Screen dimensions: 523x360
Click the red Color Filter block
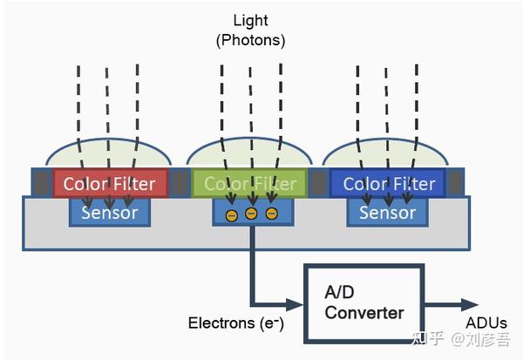point(111,183)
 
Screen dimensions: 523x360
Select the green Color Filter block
point(249,183)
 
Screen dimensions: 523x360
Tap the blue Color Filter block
point(388,183)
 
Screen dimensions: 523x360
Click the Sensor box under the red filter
point(110,213)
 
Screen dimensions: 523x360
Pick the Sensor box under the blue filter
point(388,213)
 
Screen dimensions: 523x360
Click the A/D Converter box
point(363,303)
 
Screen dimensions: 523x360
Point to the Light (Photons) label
point(250,31)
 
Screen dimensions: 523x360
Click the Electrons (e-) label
point(236,323)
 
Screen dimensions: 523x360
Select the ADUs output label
point(486,323)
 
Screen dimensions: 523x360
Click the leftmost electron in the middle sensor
point(232,215)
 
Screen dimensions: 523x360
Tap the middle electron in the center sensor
point(251,214)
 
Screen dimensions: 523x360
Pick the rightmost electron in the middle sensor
point(271,214)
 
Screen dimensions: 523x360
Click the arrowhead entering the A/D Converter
point(295,304)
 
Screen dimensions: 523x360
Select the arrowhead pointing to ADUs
point(470,304)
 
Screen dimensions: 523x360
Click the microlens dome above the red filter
point(109,153)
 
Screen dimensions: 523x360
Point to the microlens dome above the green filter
point(249,152)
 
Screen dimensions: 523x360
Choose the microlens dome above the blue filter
point(385,153)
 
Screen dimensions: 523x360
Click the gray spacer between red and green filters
point(180,183)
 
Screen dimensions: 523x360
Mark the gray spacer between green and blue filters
point(318,183)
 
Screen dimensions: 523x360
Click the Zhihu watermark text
point(461,338)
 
